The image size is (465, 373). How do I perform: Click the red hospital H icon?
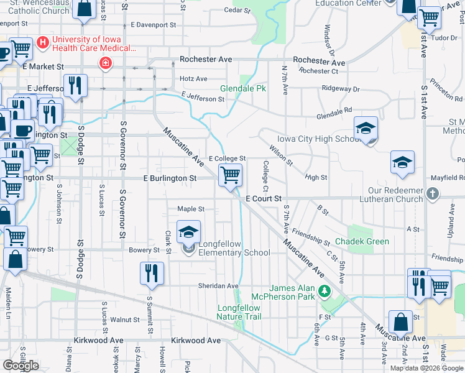coord(42,42)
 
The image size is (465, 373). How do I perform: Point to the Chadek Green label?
coord(362,241)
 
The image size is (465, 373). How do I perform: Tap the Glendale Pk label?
coord(243,89)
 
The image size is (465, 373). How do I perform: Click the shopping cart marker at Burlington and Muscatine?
coord(230,175)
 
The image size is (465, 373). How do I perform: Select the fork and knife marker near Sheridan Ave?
coord(152,273)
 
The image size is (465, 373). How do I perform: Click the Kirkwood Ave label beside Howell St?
coord(196,341)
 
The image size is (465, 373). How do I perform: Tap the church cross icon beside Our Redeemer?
coord(434,194)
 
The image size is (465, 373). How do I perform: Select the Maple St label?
coord(191,210)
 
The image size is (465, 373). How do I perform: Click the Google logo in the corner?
coord(20,365)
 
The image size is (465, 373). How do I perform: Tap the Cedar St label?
coord(237,11)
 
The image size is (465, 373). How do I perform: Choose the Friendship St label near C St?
coord(313,236)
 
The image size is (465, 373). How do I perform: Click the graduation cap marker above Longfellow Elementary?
coord(188,233)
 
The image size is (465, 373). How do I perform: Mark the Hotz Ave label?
coord(193,79)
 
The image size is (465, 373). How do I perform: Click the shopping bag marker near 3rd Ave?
coord(400,323)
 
